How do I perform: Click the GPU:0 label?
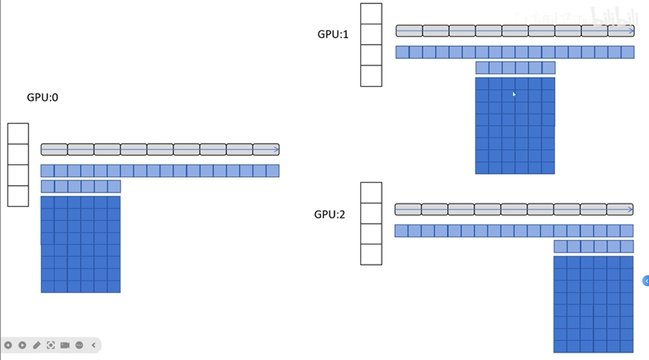point(43,98)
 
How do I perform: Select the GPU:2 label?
point(330,214)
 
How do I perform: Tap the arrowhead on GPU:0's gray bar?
point(276,149)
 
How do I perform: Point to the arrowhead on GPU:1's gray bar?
point(631,31)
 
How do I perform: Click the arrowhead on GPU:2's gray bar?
point(629,209)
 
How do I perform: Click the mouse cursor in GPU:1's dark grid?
point(514,95)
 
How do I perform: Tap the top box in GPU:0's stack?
point(18,134)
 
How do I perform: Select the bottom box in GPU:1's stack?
point(371,75)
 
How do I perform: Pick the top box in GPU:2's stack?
point(371,193)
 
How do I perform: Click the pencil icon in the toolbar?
point(37,345)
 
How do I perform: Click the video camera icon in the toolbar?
point(65,345)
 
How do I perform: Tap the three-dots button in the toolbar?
point(79,345)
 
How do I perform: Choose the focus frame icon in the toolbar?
point(51,345)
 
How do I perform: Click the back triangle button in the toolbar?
point(9,345)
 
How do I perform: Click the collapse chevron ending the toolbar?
point(93,345)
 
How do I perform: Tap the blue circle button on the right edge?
point(646,280)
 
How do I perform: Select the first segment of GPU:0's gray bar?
point(54,149)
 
